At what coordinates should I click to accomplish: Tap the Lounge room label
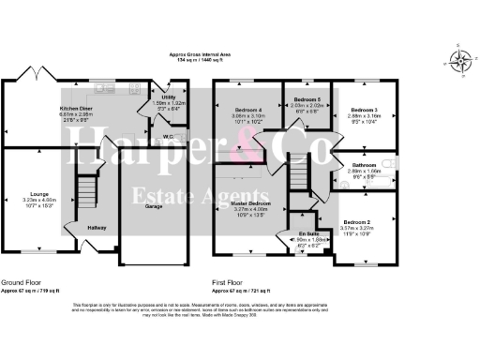coord(39,194)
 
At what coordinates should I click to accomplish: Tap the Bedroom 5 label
coord(307,98)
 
